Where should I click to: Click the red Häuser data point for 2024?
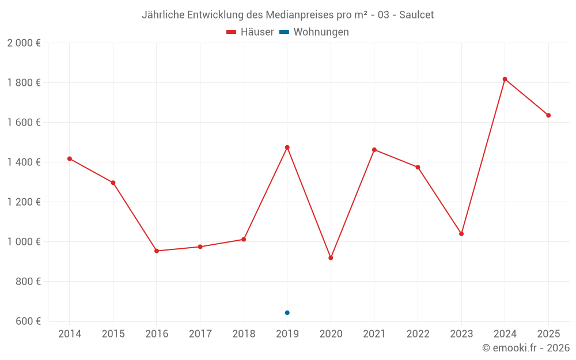click(505, 79)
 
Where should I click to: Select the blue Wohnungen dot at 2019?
click(287, 313)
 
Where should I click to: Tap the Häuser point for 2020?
click(331, 258)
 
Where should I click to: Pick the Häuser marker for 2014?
click(70, 158)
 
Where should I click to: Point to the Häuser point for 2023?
click(461, 234)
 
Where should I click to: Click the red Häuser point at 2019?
click(287, 147)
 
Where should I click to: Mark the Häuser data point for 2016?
click(157, 251)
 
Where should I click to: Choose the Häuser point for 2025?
click(548, 115)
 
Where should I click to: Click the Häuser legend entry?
click(250, 32)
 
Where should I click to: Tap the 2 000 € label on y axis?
click(24, 43)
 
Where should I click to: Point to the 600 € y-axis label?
click(28, 321)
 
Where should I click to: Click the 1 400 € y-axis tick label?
click(24, 162)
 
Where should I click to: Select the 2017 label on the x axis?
click(200, 334)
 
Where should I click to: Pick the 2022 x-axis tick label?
click(418, 334)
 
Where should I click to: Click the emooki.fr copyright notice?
click(525, 348)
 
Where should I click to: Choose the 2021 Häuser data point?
click(374, 150)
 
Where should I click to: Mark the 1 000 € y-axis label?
click(24, 242)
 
